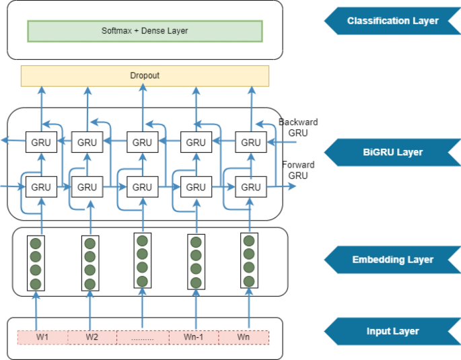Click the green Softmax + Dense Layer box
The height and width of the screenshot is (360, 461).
[x=144, y=31]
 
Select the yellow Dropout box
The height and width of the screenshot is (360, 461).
[x=145, y=75]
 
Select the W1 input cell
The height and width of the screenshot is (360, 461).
[x=42, y=336]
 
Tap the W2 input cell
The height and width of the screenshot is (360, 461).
[x=92, y=336]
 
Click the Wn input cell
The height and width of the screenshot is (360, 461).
[x=243, y=336]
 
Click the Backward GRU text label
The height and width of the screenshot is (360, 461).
[x=298, y=127]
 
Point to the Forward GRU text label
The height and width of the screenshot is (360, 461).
[x=298, y=170]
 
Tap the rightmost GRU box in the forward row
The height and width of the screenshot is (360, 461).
[x=250, y=187]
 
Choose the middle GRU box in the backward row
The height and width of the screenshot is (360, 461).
[x=142, y=143]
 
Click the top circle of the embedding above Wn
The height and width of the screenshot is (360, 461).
[x=249, y=241]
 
